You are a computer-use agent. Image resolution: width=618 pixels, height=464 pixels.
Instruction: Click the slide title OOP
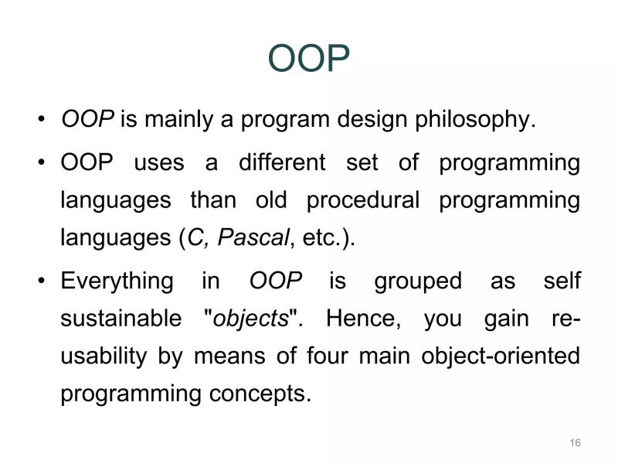(309, 59)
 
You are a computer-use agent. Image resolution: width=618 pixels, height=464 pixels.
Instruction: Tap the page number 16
(575, 442)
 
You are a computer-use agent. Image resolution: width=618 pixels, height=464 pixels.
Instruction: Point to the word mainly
(188, 121)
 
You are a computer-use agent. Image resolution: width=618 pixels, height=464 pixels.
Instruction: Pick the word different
(282, 163)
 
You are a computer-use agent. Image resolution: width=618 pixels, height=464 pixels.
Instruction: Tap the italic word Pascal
(253, 238)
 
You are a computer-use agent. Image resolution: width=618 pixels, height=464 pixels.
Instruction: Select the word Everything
(117, 281)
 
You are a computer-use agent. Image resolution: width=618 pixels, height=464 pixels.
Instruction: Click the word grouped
(417, 281)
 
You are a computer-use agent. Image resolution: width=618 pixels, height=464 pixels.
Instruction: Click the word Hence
(362, 319)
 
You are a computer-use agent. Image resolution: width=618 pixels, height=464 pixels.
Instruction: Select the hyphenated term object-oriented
(501, 357)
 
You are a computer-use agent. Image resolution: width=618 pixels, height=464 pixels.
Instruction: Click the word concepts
(259, 394)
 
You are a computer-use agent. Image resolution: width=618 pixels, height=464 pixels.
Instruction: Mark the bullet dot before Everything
(41, 281)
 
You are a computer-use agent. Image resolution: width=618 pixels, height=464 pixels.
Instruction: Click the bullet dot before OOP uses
(41, 164)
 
